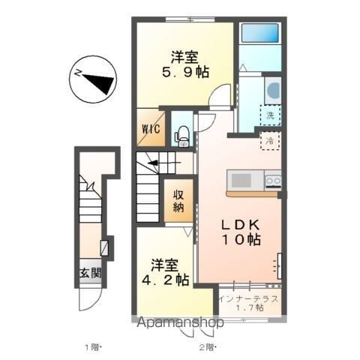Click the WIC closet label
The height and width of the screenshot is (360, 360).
151,129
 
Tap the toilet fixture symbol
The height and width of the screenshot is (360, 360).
181,136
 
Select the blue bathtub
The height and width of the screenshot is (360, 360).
259,33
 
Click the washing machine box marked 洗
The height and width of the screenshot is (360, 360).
270,115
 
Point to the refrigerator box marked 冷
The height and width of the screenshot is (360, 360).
270,141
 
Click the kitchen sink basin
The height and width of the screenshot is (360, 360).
241,180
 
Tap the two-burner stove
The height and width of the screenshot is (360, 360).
273,181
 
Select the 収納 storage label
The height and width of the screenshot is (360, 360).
178,201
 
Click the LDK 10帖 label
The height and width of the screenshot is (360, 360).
241,232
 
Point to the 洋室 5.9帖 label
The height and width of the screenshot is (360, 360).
185,64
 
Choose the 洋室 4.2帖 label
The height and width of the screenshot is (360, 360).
165,272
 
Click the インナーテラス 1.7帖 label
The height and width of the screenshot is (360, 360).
249,303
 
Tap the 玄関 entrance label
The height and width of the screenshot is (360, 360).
91,273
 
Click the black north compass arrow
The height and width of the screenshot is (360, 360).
98,81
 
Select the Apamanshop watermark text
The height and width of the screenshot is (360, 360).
180,322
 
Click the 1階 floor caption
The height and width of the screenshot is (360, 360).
93,347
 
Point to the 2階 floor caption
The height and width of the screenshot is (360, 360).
207,347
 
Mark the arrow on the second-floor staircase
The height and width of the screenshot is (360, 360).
163,163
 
